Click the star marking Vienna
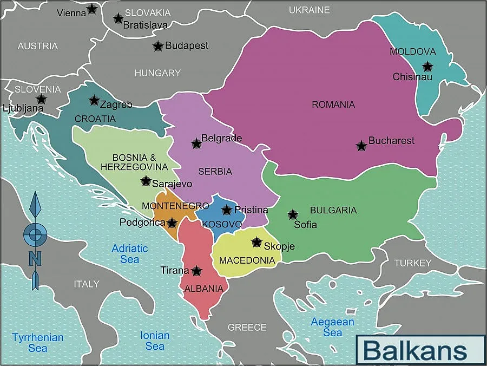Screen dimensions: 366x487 tap(92, 9)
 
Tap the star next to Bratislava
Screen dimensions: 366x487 tap(118, 18)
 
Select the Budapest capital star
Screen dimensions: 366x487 tap(157, 46)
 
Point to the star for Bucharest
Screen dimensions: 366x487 tap(361, 146)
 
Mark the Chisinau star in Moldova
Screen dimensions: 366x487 tap(427, 67)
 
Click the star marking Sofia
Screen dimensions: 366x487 tap(293, 214)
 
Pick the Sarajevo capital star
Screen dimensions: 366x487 tap(146, 181)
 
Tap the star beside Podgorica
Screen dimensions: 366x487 tap(172, 223)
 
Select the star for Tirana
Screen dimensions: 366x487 tap(196, 271)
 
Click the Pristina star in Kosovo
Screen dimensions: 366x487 tap(227, 210)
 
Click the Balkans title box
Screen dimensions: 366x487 tap(420, 349)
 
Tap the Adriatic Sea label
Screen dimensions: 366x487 tap(129, 253)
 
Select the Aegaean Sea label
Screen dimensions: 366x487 tap(332, 327)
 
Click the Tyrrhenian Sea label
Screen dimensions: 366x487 tap(38, 342)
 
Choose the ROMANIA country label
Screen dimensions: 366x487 tap(333, 104)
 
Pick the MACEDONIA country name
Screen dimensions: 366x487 tap(247, 260)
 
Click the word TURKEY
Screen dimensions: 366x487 tap(413, 263)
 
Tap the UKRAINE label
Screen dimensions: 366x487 tap(309, 10)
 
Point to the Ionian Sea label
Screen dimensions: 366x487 tap(155, 341)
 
